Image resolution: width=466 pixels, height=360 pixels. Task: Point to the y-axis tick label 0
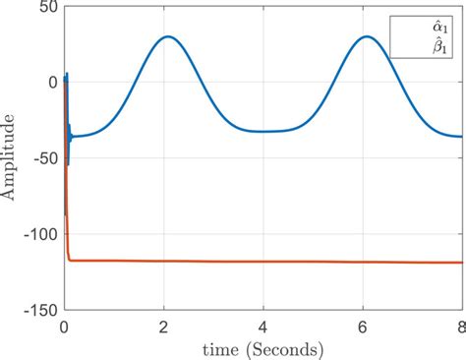[51, 83]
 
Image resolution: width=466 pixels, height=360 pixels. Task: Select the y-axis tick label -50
[42, 158]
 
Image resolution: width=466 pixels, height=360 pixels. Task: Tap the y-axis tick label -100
[38, 234]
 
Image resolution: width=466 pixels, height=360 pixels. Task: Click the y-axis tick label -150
[38, 309]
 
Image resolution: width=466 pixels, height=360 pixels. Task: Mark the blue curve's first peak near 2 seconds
[168, 37]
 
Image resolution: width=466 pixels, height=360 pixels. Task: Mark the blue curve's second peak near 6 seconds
[367, 37]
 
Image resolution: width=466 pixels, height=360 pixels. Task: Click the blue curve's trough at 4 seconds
[262, 131]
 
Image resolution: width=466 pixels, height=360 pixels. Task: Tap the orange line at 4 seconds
[262, 262]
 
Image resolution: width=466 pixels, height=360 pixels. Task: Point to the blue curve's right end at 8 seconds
[459, 137]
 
